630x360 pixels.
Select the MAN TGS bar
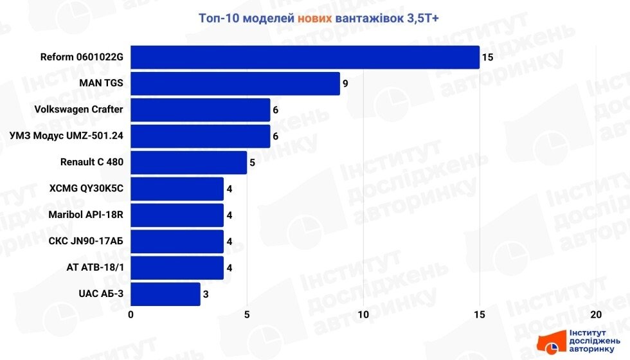235,84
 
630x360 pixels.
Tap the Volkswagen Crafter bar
201,110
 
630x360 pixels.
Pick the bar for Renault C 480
189,163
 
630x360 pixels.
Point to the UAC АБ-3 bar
166,294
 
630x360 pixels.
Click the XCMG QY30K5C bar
177,189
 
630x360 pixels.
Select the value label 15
487,57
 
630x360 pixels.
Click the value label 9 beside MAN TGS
345,84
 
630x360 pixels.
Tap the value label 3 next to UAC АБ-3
206,294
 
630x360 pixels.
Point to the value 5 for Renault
253,163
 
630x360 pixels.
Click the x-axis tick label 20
595,314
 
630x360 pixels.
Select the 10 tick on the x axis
363,314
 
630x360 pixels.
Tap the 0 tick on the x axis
131,314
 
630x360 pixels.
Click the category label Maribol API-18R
85,215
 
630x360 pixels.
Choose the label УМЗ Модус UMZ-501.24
67,136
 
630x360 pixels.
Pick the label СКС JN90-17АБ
86,242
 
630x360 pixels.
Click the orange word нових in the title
314,19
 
